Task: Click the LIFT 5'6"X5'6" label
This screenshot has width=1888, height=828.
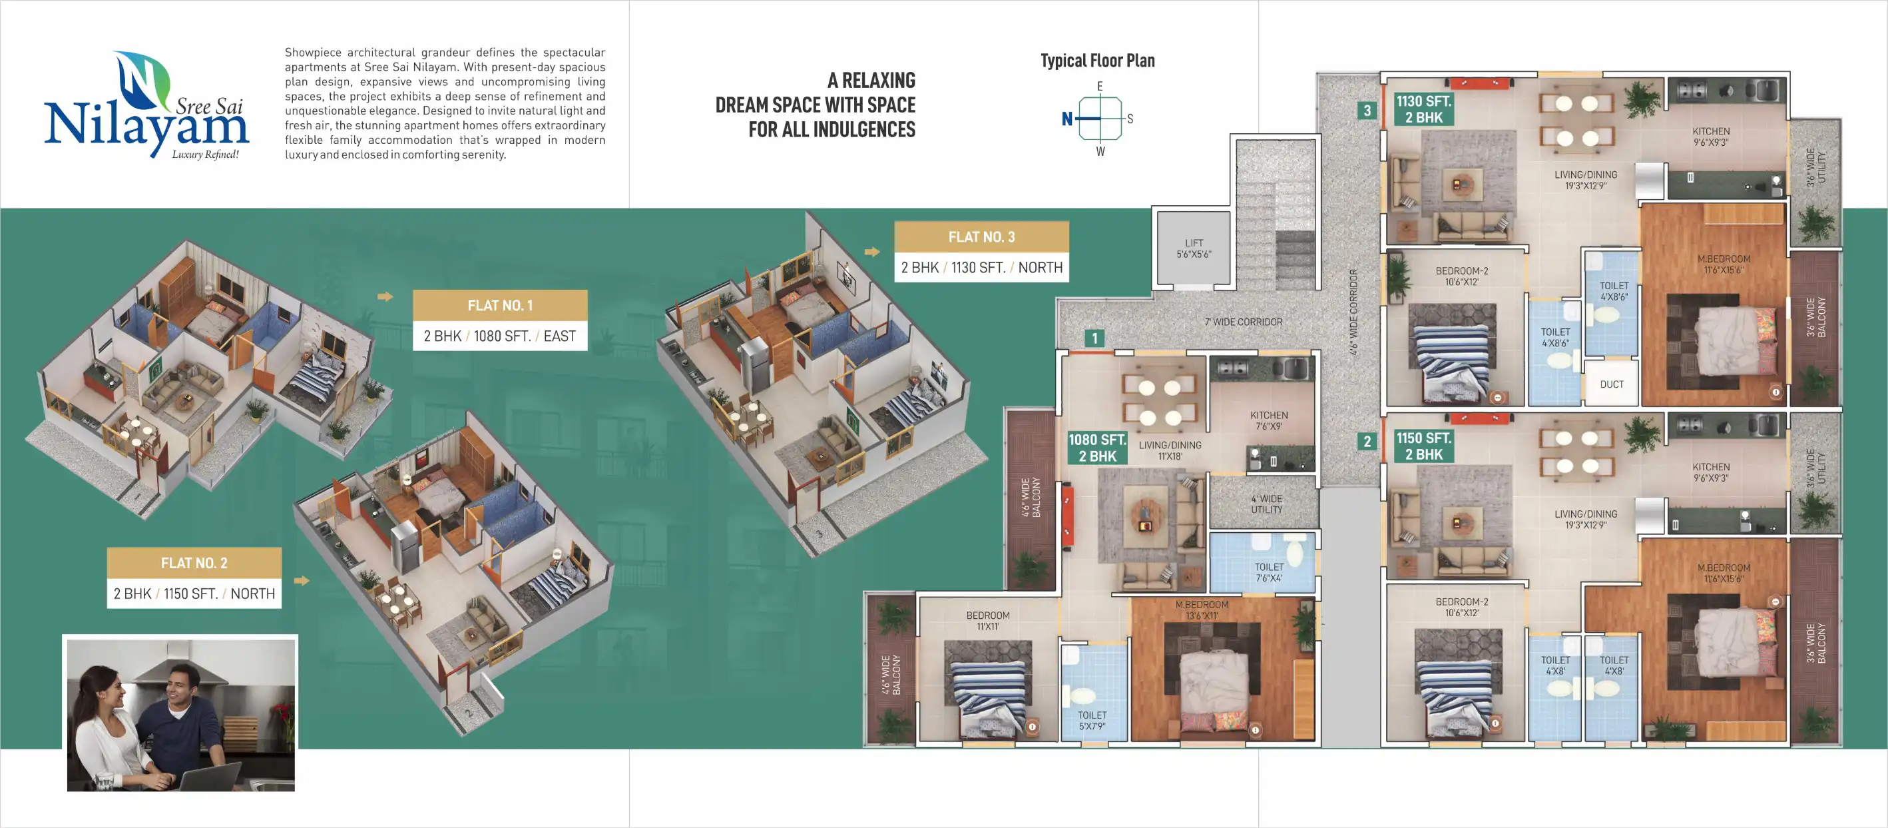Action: click(x=1193, y=248)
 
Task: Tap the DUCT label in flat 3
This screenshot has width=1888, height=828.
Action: click(x=1611, y=384)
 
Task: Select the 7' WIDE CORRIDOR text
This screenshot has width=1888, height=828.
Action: click(x=1243, y=322)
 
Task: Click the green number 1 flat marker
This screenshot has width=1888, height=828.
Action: click(x=1094, y=338)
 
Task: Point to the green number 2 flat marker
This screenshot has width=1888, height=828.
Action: click(x=1366, y=442)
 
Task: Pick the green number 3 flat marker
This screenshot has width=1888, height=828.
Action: click(x=1366, y=111)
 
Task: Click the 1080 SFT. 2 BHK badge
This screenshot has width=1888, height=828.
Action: click(x=1096, y=448)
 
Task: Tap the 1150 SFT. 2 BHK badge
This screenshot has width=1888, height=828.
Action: click(x=1423, y=446)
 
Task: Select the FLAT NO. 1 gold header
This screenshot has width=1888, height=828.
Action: click(x=500, y=305)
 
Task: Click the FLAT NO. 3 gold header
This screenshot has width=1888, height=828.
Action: click(x=981, y=237)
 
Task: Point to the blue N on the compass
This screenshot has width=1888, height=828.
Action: click(x=1067, y=119)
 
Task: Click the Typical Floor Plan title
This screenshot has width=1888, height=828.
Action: click(x=1097, y=61)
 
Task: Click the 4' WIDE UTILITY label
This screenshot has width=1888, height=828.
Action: click(x=1266, y=504)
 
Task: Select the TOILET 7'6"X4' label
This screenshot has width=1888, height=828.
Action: click(x=1268, y=572)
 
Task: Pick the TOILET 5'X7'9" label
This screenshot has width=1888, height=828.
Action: click(x=1091, y=720)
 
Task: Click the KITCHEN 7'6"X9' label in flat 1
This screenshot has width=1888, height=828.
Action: click(x=1268, y=420)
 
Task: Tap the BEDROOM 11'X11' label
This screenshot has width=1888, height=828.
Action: click(x=987, y=620)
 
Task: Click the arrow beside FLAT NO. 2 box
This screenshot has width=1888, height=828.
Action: click(x=301, y=581)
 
